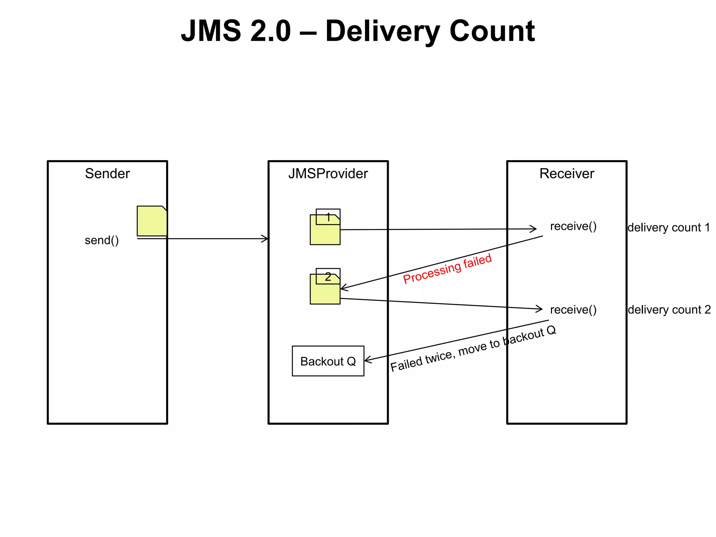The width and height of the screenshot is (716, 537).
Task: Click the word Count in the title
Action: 492,31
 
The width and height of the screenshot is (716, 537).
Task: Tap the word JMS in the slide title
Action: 211,31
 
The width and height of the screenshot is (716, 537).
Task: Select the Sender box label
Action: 107,174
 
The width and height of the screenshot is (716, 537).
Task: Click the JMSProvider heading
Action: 328,174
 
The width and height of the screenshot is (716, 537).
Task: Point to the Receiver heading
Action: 566,174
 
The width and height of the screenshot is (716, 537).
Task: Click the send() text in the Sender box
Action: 102,241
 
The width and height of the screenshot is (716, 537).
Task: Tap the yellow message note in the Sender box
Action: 151,221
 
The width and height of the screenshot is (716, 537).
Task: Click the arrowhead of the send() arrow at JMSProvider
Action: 266,239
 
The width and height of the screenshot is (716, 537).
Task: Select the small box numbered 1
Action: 328,217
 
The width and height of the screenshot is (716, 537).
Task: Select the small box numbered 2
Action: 328,276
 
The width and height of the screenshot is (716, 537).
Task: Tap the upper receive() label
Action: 573,227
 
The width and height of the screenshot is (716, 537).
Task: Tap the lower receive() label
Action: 573,310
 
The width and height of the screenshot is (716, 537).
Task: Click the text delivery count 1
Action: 668,228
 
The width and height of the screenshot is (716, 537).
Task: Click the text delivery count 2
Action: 669,310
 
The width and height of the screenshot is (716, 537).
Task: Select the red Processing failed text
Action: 447,268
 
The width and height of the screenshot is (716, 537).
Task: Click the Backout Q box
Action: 328,361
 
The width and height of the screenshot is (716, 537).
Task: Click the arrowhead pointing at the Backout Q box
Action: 367,360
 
